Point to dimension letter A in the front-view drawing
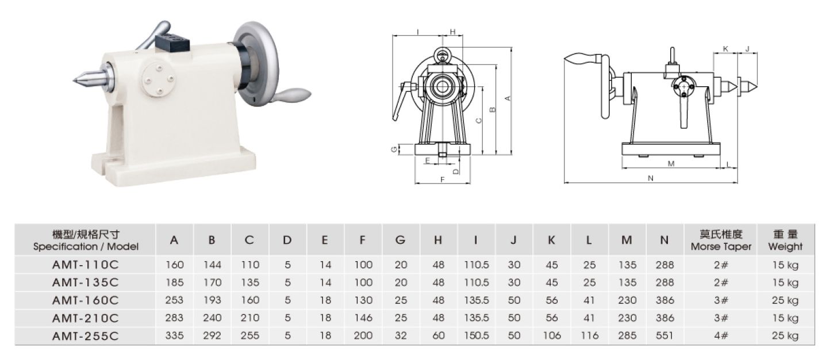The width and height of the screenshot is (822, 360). [508, 98]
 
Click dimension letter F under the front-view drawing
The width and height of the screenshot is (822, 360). [443, 179]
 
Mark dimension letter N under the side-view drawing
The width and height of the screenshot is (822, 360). [651, 178]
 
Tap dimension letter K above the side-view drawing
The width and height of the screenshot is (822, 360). [725, 49]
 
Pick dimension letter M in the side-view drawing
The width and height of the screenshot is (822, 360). [671, 164]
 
